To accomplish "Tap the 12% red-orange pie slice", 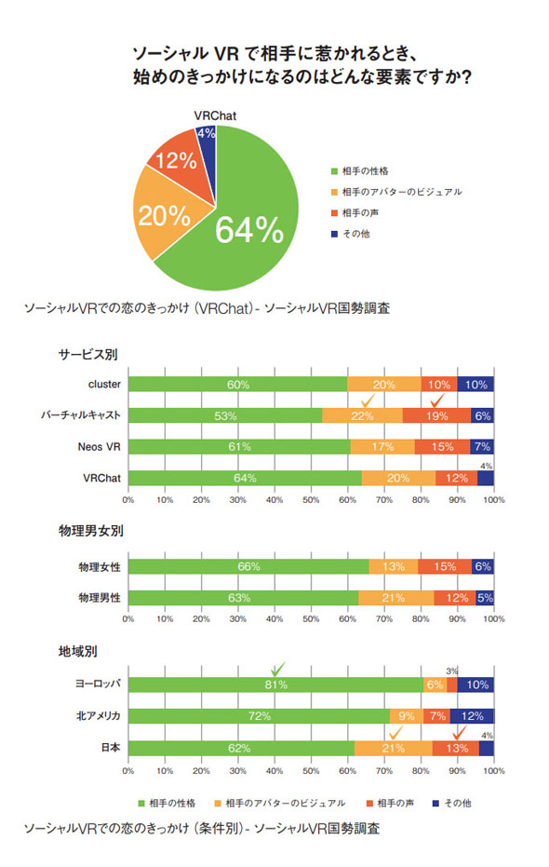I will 177,159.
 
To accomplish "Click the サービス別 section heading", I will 88,355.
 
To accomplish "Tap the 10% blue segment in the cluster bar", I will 475,384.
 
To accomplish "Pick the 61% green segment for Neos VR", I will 240,447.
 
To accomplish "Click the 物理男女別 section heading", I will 91,531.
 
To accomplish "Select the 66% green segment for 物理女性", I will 248,566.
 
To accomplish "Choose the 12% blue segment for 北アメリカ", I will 472,716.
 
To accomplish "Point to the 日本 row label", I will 110,748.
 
